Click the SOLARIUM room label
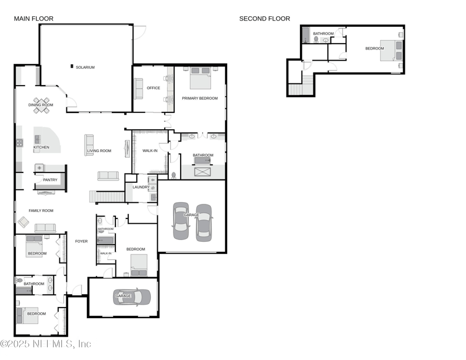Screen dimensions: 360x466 [x=85, y=68]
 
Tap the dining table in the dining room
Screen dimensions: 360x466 [x=41, y=105]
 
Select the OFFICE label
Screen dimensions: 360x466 [x=153, y=88]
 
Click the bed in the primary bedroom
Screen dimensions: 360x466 [x=200, y=77]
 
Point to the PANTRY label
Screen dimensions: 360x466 [x=50, y=180]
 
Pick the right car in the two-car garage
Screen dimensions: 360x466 [x=203, y=222]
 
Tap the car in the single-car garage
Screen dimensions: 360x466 [x=132, y=297]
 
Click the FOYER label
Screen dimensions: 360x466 [x=81, y=241]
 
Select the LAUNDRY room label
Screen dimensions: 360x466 [x=141, y=187]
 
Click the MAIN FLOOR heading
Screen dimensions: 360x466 [x=34, y=19]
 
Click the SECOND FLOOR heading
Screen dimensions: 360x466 [x=264, y=19]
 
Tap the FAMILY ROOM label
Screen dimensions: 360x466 [x=41, y=210]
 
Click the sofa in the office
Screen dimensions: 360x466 [x=139, y=89]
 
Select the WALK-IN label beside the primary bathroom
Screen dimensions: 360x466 [x=150, y=151]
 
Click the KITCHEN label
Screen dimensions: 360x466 [x=41, y=147]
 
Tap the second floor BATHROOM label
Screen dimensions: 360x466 [x=323, y=34]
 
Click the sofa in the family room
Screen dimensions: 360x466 [x=45, y=228]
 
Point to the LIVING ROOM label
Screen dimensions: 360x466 [x=99, y=151]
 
